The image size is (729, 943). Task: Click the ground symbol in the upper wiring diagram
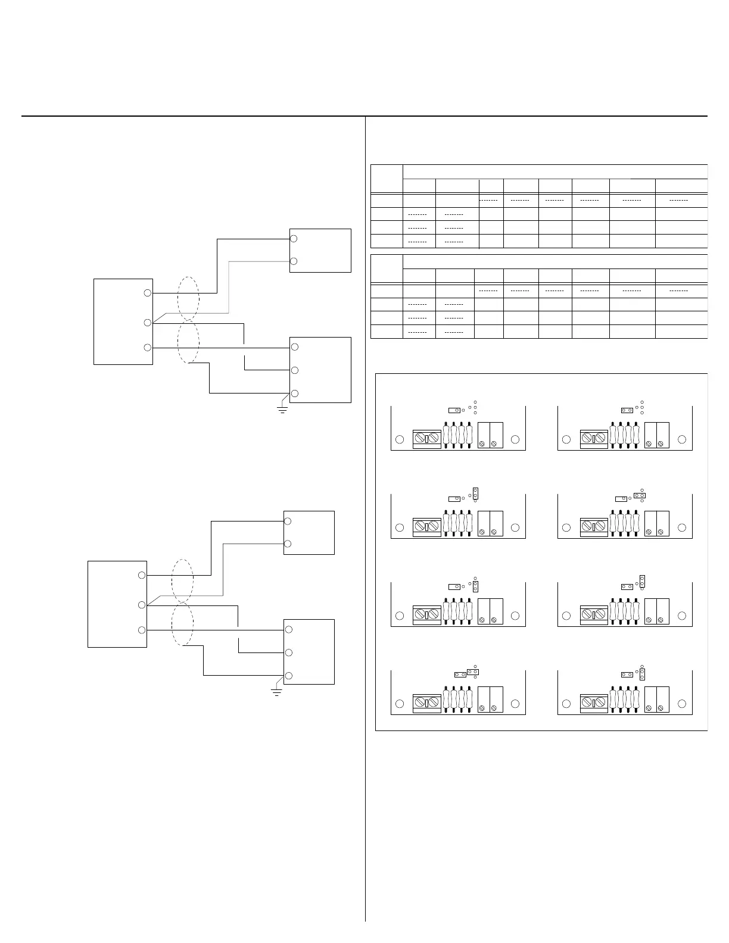click(x=283, y=410)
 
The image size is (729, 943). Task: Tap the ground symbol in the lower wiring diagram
click(x=276, y=692)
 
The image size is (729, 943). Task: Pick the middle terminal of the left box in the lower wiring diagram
click(x=141, y=605)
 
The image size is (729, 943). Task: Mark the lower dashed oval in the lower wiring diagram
click(x=182, y=624)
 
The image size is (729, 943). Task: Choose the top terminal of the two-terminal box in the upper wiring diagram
click(x=294, y=239)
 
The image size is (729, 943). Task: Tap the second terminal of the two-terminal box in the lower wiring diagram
click(x=288, y=544)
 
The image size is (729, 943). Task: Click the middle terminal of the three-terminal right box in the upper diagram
click(x=294, y=370)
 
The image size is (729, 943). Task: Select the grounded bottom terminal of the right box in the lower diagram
click(x=288, y=675)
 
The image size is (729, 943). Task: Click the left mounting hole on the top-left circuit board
click(x=400, y=439)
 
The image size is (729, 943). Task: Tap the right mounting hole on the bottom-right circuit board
click(x=682, y=703)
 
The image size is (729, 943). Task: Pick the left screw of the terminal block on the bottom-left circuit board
click(x=420, y=702)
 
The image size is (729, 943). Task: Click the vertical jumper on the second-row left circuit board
click(x=476, y=493)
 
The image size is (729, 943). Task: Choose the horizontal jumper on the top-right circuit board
click(x=627, y=410)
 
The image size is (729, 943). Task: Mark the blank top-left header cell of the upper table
click(x=387, y=179)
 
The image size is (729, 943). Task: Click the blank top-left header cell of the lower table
click(x=387, y=269)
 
